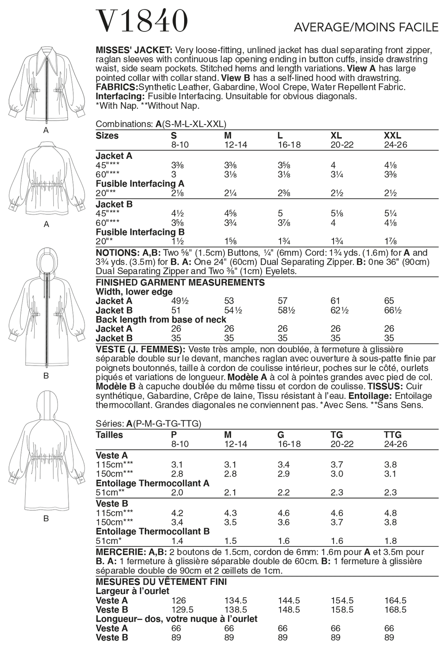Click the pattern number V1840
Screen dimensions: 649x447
142,21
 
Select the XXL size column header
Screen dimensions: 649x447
392,136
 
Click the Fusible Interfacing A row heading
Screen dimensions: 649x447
140,184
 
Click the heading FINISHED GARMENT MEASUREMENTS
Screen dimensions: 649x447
180,283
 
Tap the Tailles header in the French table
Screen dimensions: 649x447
109,435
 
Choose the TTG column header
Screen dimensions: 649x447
393,435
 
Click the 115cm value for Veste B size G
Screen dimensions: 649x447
284,513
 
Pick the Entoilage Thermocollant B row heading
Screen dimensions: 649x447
152,532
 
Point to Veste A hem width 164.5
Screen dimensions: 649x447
395,600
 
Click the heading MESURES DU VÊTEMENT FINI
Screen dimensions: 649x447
161,582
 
